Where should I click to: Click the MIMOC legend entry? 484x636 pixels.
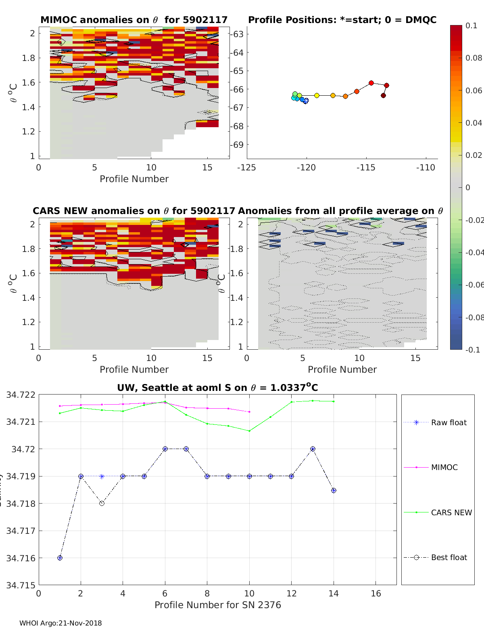point(444,467)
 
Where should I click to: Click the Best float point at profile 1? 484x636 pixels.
point(60,558)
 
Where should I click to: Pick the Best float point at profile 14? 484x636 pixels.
point(334,490)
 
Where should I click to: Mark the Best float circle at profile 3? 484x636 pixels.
point(102,503)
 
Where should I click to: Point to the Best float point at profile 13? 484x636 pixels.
point(313,449)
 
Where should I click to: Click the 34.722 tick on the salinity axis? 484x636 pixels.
point(21,395)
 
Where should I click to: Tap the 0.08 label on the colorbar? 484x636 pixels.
point(474,58)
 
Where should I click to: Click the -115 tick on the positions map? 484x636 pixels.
point(366,168)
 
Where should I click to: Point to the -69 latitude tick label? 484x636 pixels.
point(238,145)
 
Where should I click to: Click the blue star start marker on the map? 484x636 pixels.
point(306,101)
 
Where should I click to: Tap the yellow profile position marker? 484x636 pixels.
point(317,95)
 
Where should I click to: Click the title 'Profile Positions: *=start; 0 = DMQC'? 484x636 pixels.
point(342,20)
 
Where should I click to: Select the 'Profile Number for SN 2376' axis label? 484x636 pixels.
point(217,605)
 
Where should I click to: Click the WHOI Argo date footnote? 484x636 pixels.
point(60,623)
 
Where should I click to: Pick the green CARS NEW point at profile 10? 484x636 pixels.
point(249,431)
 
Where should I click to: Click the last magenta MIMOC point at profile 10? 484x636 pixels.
point(249,412)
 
